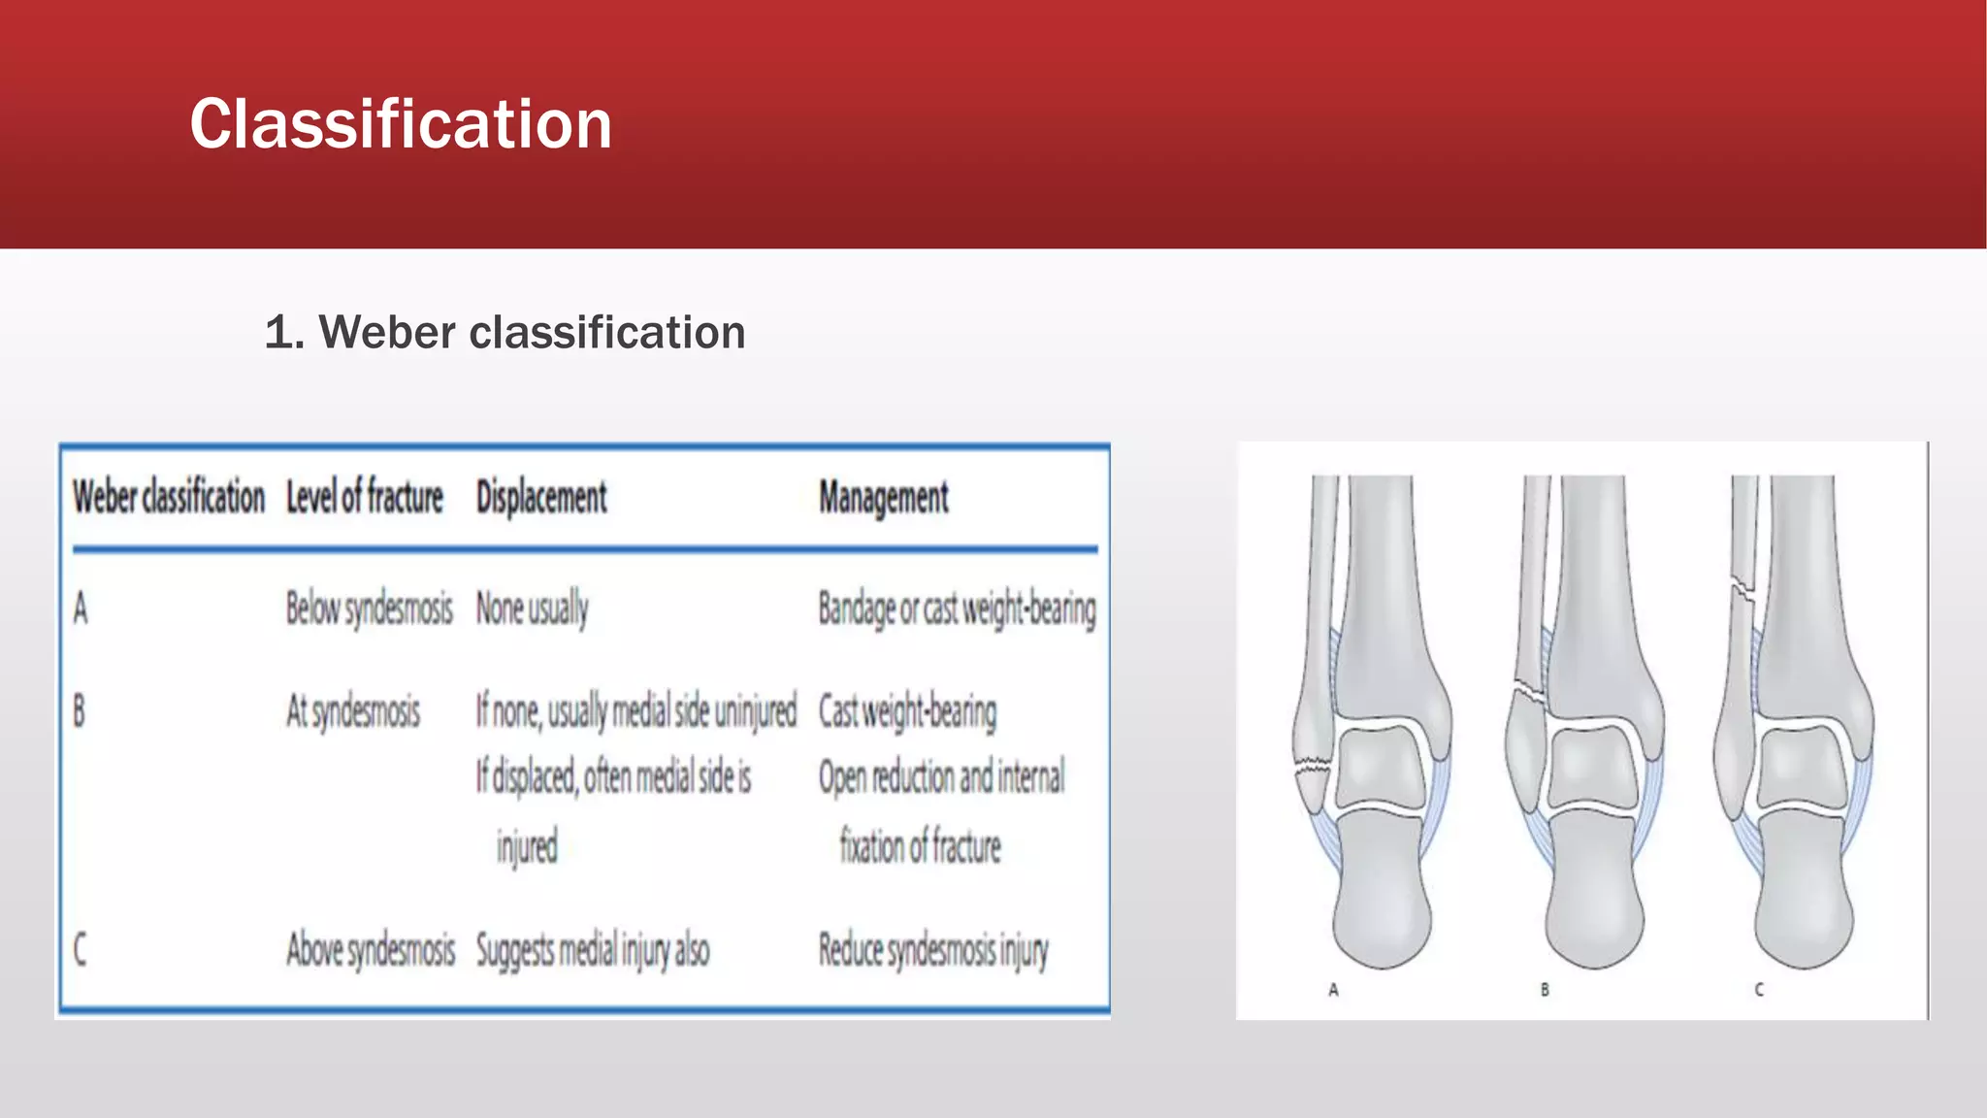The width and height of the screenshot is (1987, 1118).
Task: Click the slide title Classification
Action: click(400, 124)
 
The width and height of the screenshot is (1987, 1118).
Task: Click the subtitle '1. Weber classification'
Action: click(505, 333)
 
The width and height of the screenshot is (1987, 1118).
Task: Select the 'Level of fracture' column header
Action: click(364, 497)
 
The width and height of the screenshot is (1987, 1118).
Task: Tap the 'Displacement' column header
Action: click(540, 497)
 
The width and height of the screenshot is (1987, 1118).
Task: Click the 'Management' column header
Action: click(883, 498)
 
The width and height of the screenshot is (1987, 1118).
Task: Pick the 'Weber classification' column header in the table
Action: click(169, 497)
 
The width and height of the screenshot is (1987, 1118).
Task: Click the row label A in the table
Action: click(81, 609)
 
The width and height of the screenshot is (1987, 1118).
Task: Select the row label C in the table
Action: click(81, 949)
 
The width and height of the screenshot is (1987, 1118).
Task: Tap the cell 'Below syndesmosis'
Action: click(369, 609)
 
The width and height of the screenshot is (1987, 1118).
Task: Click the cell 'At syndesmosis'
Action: click(352, 711)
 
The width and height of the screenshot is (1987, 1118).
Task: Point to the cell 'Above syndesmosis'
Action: click(370, 949)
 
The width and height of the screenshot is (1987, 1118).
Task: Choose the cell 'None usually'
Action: click(532, 609)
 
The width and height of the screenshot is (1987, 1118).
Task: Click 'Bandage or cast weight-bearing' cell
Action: click(957, 609)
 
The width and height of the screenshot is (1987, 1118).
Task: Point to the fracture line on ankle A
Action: click(1313, 767)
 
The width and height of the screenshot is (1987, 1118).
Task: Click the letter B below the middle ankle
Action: click(1545, 990)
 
